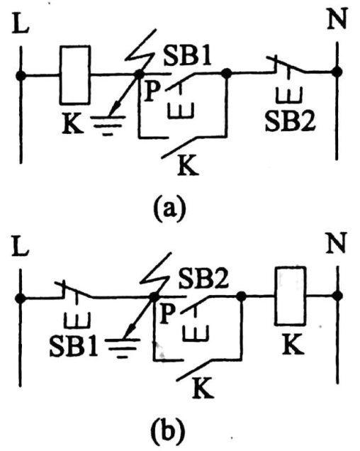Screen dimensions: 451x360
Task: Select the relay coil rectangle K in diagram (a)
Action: click(x=75, y=74)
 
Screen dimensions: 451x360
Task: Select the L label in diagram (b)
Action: click(x=20, y=247)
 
